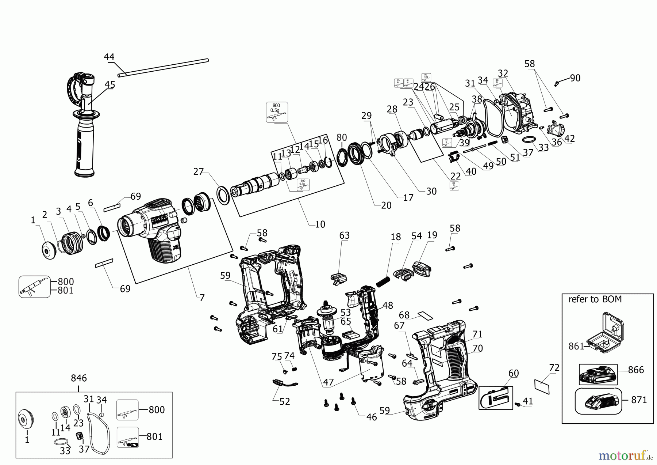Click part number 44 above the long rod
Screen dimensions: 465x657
coord(109,57)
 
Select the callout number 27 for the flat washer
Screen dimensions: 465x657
coord(198,171)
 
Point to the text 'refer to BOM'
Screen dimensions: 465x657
coord(595,299)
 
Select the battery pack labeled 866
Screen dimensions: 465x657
coord(598,374)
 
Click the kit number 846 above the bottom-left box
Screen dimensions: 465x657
coord(79,378)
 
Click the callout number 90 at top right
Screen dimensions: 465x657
coord(575,78)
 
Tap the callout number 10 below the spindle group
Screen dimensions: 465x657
coord(320,224)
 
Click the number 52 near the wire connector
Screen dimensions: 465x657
coord(284,401)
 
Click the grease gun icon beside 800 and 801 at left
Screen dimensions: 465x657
coord(34,286)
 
